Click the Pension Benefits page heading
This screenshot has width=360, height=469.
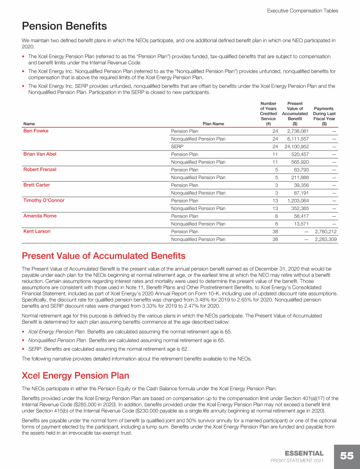64,26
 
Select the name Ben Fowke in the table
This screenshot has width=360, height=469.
36,131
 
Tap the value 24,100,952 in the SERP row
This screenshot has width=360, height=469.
293,146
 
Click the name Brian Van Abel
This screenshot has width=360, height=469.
41,154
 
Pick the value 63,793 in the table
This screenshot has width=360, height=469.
299,170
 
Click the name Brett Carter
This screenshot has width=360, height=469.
37,185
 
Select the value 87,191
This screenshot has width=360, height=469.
299,193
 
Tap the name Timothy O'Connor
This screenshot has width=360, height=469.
44,200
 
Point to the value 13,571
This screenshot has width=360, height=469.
299,224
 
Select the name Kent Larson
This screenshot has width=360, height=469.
37,231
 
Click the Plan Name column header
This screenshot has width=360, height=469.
213,124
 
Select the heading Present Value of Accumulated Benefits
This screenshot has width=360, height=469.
104,256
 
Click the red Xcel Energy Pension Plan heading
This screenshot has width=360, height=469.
75,376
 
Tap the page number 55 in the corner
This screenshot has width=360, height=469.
347,456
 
